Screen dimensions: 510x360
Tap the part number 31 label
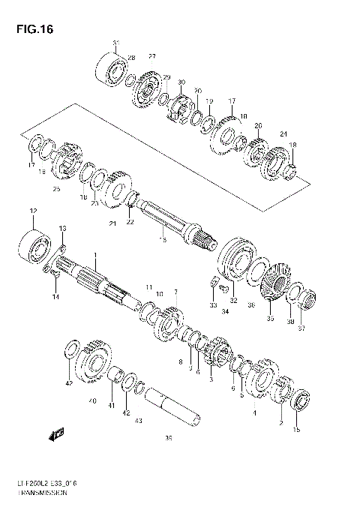point(115,43)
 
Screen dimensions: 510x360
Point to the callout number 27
point(151,58)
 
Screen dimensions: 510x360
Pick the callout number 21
point(112,223)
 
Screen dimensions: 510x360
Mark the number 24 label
point(283,135)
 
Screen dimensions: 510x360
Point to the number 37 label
point(303,327)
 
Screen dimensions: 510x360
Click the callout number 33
point(212,306)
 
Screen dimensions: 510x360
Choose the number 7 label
point(175,292)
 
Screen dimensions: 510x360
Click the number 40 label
point(92,401)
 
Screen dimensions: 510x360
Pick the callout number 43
point(138,421)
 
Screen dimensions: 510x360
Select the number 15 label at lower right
point(296,430)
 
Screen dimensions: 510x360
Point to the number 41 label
point(112,406)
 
